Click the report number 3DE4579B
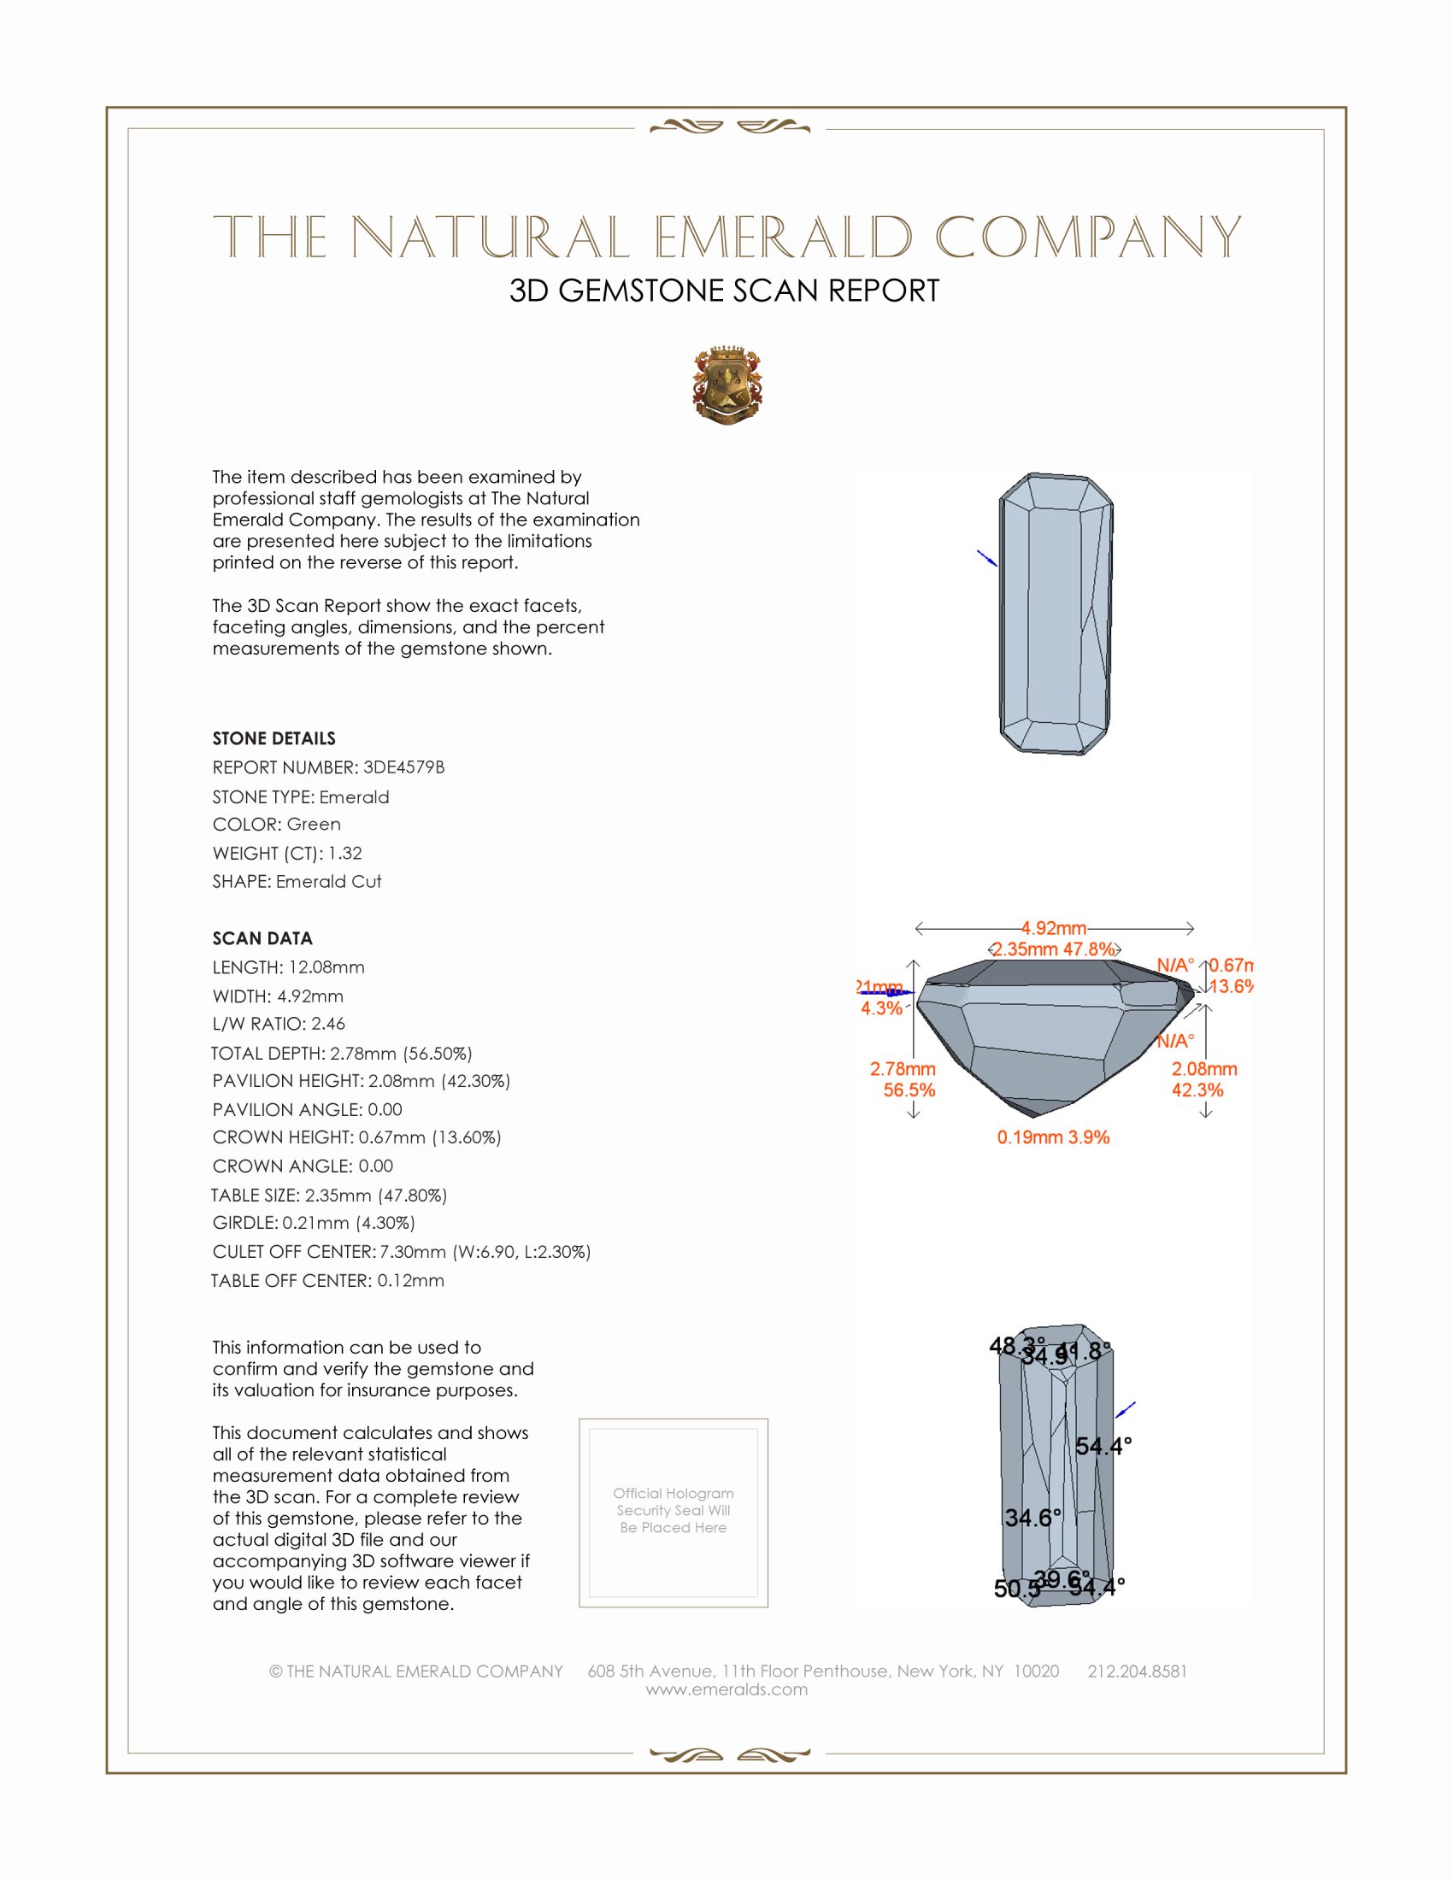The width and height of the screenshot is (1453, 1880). click(403, 767)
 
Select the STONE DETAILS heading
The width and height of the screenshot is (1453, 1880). click(274, 738)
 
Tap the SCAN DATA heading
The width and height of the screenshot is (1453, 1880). click(262, 938)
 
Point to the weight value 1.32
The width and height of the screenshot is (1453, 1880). click(344, 853)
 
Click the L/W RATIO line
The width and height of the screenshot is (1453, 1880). click(279, 1024)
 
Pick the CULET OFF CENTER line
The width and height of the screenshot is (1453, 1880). click(401, 1252)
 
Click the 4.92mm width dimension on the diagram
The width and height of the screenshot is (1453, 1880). click(1054, 928)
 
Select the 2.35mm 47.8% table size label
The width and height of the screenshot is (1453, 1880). click(1054, 949)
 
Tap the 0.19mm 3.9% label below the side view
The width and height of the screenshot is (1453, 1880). click(1053, 1137)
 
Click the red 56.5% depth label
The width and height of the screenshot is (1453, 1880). click(909, 1090)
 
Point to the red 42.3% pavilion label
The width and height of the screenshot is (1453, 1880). click(1197, 1090)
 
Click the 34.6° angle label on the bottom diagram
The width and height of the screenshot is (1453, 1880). click(1033, 1518)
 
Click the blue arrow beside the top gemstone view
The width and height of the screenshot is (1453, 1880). click(986, 558)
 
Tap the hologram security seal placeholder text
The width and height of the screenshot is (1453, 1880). click(674, 1510)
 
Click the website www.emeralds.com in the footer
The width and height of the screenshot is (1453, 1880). click(726, 1689)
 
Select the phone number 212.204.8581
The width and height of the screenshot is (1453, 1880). click(1137, 1671)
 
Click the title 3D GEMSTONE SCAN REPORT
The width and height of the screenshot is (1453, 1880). click(724, 291)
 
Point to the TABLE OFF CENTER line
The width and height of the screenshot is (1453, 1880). click(328, 1281)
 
